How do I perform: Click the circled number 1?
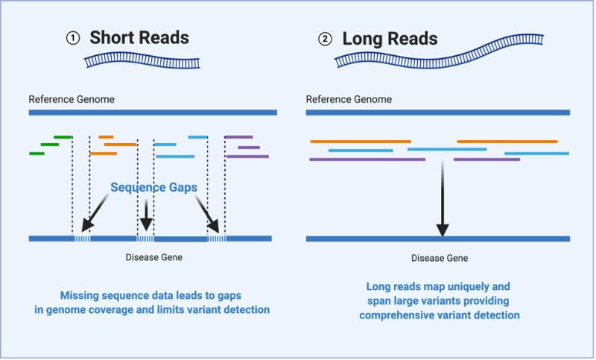tap(72, 38)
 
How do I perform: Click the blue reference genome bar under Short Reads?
tap(153, 113)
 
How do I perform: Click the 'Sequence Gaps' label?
tap(153, 188)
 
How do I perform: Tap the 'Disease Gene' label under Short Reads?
tap(153, 258)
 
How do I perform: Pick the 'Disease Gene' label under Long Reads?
tap(439, 258)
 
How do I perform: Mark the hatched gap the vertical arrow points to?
tap(145, 239)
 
